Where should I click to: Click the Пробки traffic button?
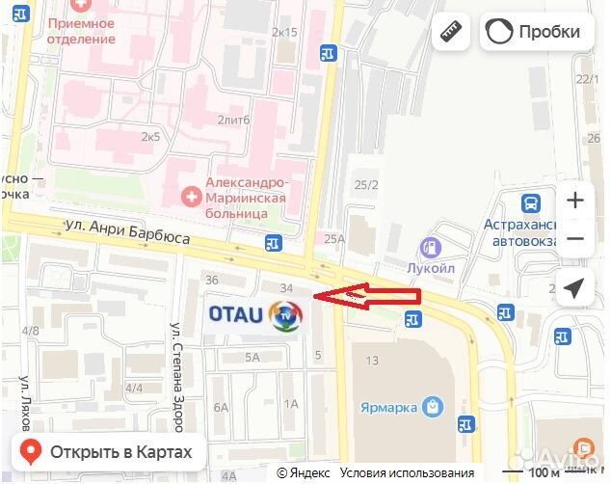(x=537, y=32)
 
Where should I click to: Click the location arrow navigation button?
(x=574, y=288)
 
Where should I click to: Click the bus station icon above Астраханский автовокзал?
(x=529, y=203)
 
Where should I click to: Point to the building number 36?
(x=213, y=280)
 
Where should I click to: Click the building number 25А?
(x=334, y=239)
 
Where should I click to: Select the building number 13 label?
(x=372, y=360)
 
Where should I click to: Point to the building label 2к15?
(x=285, y=32)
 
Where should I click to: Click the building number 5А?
(x=252, y=357)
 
